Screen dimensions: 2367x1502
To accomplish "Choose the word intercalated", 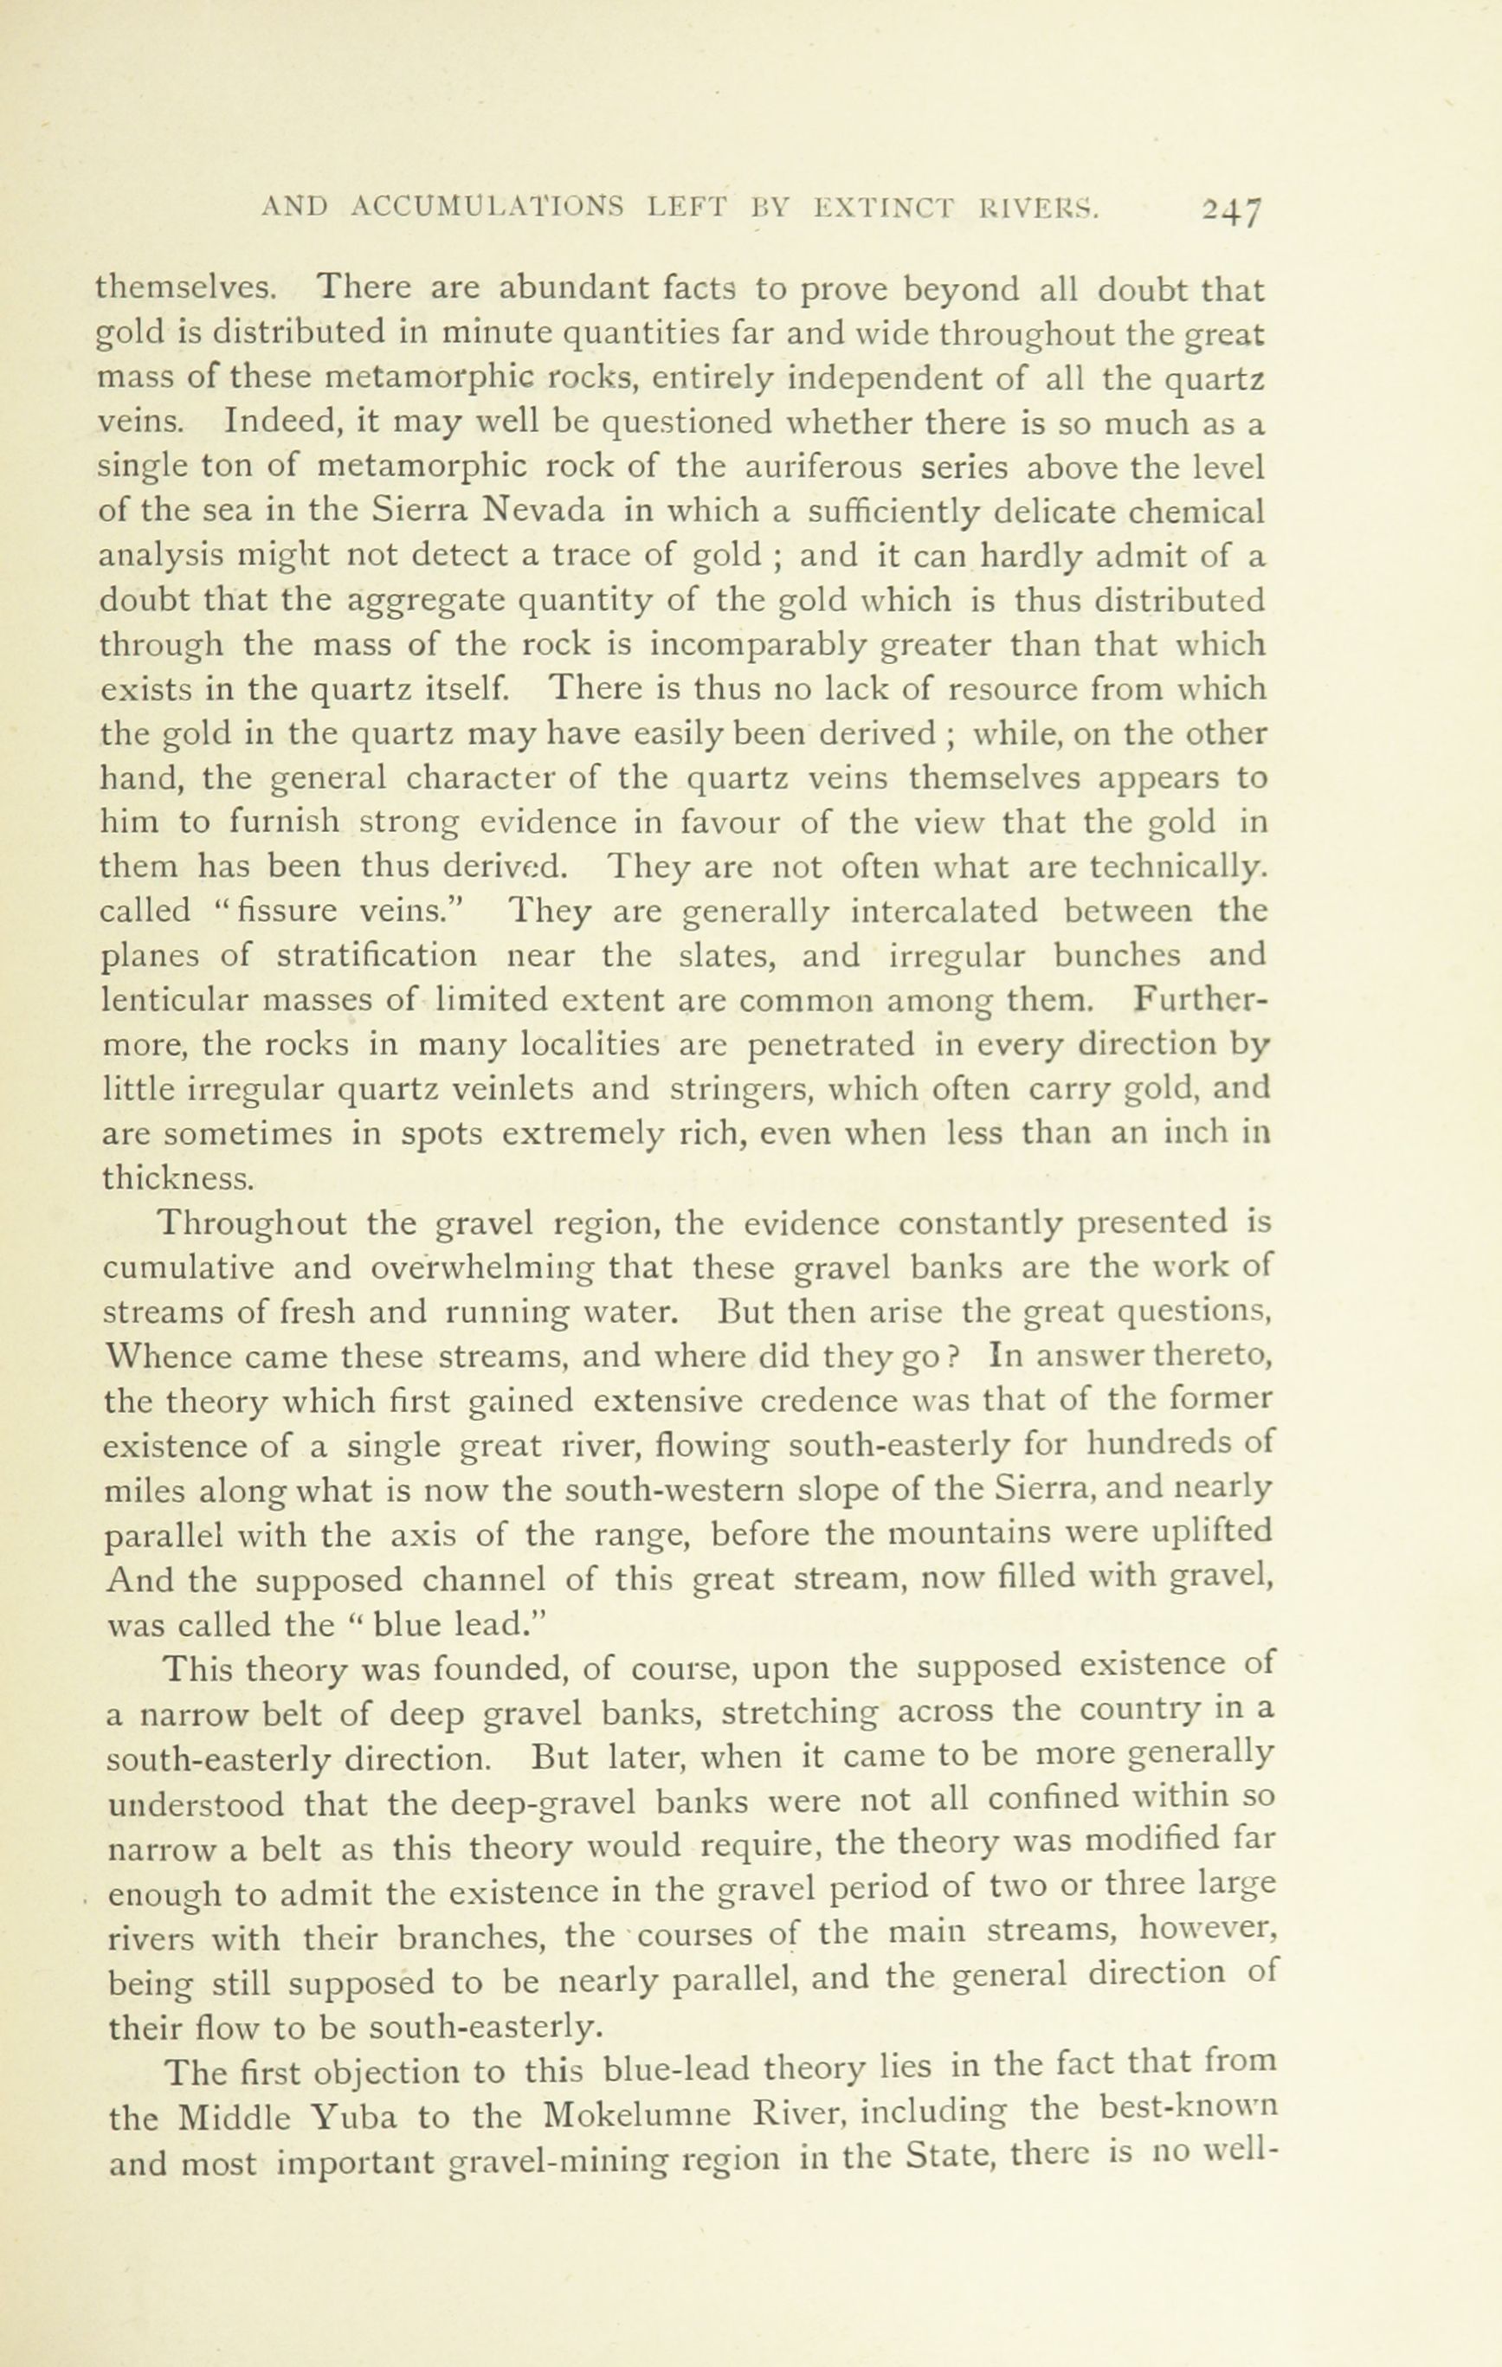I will (944, 913).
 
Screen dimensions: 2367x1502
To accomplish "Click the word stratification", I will (377, 957).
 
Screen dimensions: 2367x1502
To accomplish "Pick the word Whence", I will (163, 1358).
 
